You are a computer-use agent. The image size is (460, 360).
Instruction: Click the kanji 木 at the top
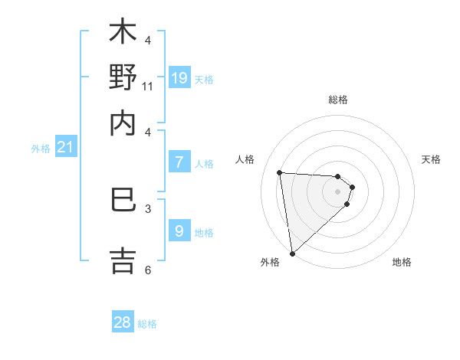[122, 33]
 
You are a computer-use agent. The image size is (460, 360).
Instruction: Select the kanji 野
[122, 77]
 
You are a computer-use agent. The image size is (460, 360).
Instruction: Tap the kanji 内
[122, 123]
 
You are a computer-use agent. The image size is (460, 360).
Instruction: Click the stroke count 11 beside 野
[148, 86]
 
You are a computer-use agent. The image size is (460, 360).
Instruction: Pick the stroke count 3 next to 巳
[148, 208]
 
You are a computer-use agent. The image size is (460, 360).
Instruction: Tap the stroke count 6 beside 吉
[148, 269]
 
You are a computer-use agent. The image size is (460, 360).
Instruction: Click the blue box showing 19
[179, 77]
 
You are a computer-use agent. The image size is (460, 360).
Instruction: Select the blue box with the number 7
[179, 162]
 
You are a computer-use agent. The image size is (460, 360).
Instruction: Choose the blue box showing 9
[179, 230]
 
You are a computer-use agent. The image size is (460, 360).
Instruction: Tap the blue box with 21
[64, 147]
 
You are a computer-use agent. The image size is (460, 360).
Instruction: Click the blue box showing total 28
[123, 322]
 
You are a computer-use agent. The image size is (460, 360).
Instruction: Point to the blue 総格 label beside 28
[147, 324]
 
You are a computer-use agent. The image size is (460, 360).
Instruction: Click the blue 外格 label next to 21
[40, 149]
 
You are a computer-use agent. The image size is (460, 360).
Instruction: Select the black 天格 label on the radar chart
[431, 159]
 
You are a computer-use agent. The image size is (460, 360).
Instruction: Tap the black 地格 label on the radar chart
[402, 262]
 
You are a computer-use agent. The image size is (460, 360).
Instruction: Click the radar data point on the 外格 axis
[292, 253]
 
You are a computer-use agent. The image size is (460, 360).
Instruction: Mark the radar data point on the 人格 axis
[280, 172]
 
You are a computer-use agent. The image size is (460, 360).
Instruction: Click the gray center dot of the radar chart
[337, 191]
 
